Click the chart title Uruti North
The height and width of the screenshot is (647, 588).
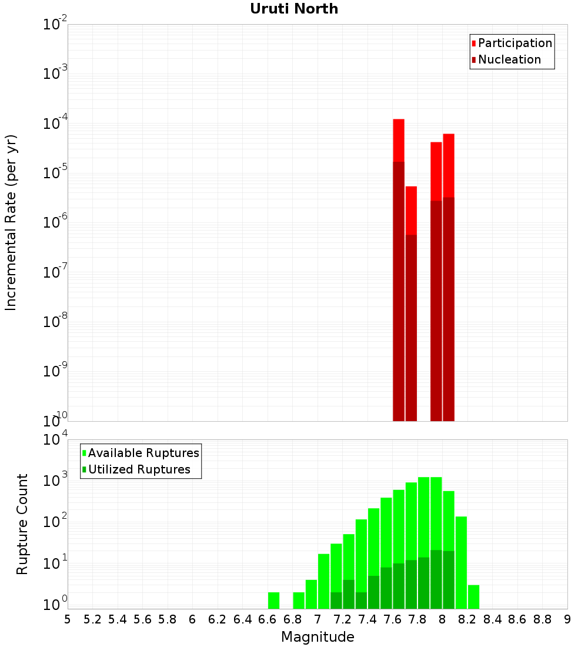coord(294,9)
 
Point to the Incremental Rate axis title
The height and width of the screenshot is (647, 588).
coord(11,222)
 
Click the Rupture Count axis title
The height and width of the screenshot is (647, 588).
coord(22,524)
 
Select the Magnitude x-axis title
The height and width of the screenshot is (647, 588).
coord(318,637)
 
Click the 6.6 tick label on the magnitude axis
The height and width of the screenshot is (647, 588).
coord(268,619)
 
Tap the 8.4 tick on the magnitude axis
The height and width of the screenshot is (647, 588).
coord(493,619)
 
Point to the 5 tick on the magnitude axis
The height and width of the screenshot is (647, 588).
coord(68,619)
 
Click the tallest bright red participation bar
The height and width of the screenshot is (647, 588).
coord(399,140)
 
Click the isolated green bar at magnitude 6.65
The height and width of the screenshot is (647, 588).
coord(273,601)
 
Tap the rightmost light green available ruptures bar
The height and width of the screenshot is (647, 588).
coord(473,596)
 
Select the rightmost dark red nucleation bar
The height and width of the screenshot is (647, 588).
coord(449,309)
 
